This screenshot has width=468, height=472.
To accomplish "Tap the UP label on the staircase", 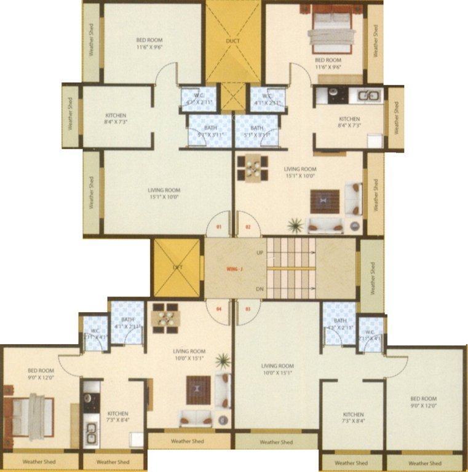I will [260, 252].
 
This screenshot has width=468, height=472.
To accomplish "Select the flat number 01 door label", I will [218, 227].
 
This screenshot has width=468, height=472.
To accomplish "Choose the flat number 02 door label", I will [248, 227].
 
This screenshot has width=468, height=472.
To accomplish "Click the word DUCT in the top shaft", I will [233, 41].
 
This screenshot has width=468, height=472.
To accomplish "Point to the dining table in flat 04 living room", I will [165, 318].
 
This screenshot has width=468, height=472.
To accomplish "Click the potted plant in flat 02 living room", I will [296, 225].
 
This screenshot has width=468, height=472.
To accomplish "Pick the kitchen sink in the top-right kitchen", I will [368, 95].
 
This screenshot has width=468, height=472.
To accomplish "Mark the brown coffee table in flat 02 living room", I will [325, 201].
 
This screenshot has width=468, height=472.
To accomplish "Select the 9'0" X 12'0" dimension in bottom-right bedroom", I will [423, 406].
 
